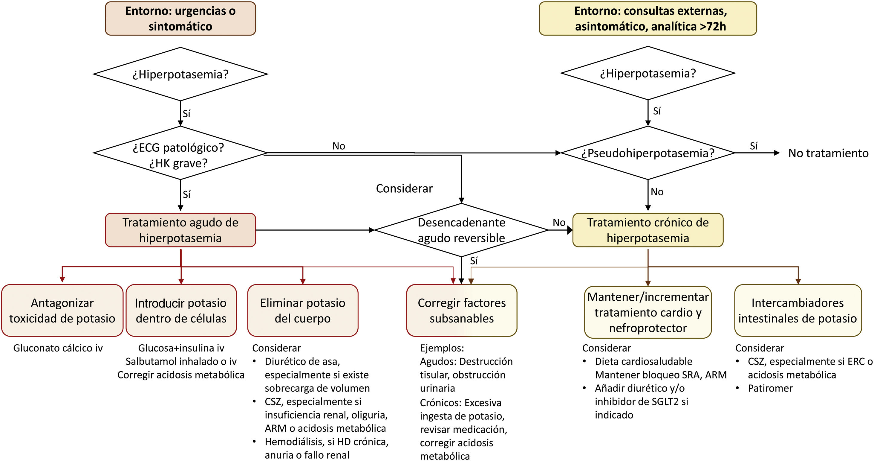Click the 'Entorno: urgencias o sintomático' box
pos(180,18)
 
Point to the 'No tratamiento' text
pos(828,153)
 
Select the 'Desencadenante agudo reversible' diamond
pos(461,230)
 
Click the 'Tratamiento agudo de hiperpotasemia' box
pos(180,230)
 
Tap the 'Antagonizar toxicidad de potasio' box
pos(62,311)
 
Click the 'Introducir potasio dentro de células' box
pos(181,311)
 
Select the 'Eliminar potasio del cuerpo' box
pos(302,311)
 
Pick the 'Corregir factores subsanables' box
pos(461,311)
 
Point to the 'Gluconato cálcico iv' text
pos(58,348)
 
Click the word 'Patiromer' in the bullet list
pos(770,388)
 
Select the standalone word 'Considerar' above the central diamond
pos(404,188)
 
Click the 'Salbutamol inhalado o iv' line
pos(181,361)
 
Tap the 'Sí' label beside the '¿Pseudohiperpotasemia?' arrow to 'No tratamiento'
pos(753,146)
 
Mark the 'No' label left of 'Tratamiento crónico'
pos(559,223)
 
